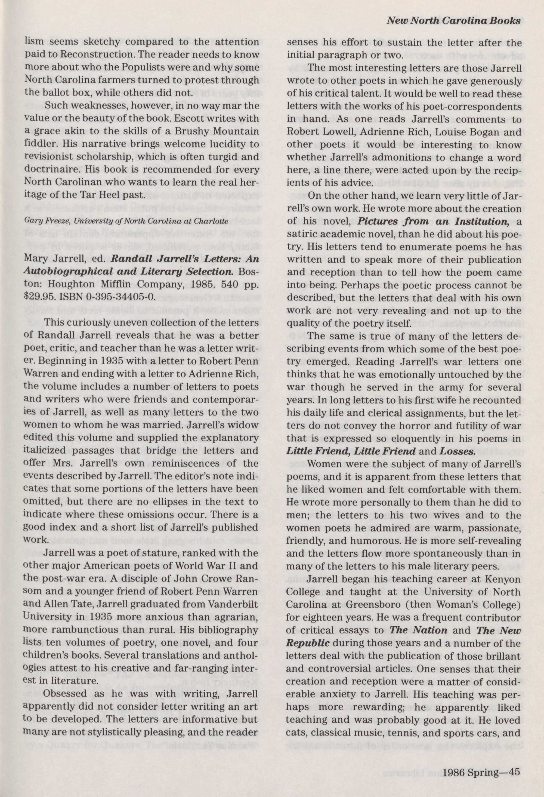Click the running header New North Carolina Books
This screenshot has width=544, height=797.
[453, 21]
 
